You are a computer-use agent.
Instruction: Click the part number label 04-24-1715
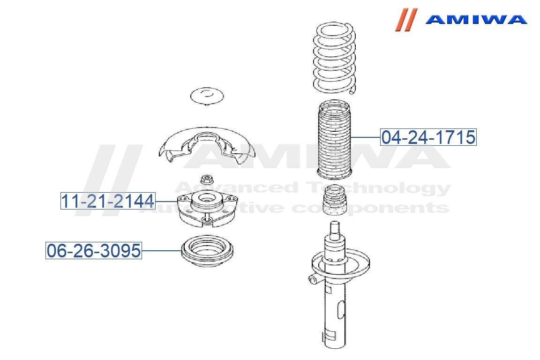tap(428, 137)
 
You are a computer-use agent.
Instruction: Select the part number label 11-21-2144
tap(108, 201)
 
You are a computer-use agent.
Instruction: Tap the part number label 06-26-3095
tap(94, 250)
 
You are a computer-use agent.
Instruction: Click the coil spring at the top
tap(334, 58)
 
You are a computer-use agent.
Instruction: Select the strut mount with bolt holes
tap(207, 210)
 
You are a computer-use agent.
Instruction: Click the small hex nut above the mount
tap(207, 180)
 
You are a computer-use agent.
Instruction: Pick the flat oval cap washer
tap(207, 96)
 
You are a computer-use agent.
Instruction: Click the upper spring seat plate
tap(207, 145)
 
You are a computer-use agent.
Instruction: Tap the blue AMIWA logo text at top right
tap(476, 19)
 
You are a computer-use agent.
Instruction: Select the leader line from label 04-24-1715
tap(365, 137)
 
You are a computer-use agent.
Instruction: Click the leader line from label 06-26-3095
tap(162, 250)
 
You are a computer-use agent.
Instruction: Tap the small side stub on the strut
tap(312, 279)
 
